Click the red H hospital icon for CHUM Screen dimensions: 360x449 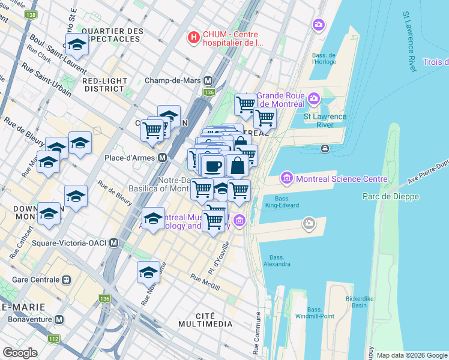click(193, 38)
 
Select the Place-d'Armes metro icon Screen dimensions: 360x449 click(162, 158)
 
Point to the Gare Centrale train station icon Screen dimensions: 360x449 click(67, 280)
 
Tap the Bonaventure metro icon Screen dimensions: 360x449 click(58, 320)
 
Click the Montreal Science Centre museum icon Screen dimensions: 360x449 click(286, 179)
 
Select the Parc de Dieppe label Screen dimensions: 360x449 click(391, 196)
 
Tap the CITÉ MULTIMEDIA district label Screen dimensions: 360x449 click(205, 319)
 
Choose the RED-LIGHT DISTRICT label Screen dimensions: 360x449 click(105, 85)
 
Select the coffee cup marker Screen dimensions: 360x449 click(212, 166)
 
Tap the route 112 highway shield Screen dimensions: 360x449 click(54, 339)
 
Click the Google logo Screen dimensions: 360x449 click(20, 352)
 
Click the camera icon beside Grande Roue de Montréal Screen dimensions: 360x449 click(313, 98)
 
